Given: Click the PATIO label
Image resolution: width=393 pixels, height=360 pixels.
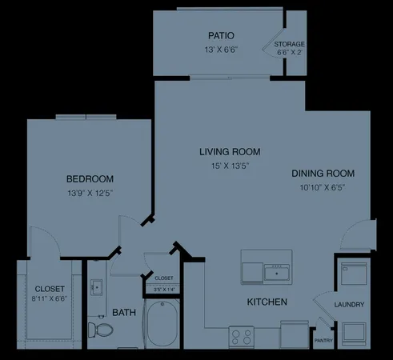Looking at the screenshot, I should pos(220,36).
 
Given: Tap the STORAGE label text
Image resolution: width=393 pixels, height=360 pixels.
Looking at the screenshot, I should pos(289,44).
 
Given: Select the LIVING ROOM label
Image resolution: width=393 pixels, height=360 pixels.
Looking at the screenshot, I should pos(230,151).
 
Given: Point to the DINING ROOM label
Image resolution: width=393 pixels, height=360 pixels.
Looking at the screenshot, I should pos(323,173).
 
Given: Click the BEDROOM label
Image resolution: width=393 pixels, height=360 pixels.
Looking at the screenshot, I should pos(89,178).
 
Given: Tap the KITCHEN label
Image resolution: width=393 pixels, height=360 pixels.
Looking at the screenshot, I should pos(267,302).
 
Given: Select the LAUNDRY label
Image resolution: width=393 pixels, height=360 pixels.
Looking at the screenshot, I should pos(350,305).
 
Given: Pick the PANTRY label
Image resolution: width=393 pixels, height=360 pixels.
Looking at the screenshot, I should pos(323,340).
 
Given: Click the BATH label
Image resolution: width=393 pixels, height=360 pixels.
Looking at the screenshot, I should pos(123,312).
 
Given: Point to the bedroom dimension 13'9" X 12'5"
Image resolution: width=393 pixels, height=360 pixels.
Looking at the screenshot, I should pos(89,193).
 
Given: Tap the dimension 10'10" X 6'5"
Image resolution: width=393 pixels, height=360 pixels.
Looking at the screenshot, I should pos(323,187).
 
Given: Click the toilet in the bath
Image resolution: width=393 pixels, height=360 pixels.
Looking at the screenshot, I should pos(99,330).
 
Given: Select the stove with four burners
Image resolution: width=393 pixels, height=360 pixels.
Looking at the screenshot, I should pos(240,337).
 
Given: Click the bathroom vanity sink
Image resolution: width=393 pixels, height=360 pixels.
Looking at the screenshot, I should pos(95,286).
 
